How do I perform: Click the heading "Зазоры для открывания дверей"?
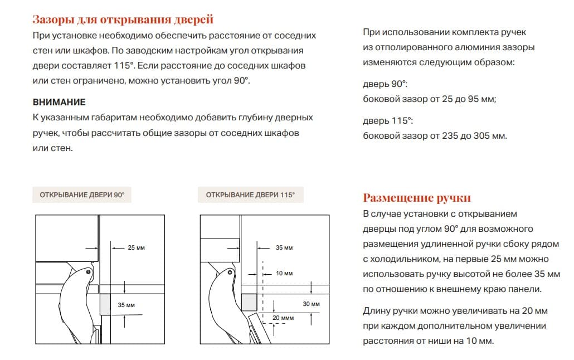pyautogui.click(x=123, y=20)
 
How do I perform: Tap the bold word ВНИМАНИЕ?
pyautogui.click(x=59, y=103)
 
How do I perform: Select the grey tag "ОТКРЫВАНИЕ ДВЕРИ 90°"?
pyautogui.click(x=82, y=195)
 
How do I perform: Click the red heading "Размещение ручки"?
pyautogui.click(x=417, y=198)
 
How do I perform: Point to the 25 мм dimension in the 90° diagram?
pyautogui.click(x=136, y=247)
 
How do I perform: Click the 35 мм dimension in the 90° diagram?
pyautogui.click(x=127, y=305)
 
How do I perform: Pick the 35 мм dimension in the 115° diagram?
pyautogui.click(x=284, y=247)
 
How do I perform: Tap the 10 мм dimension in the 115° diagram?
pyautogui.click(x=284, y=274)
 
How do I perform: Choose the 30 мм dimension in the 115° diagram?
pyautogui.click(x=311, y=304)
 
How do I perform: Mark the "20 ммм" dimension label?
pyautogui.click(x=283, y=318)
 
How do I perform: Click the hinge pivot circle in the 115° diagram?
pyautogui.click(x=229, y=273)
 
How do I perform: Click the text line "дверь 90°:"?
pyautogui.click(x=385, y=84)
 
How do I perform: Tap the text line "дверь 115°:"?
pyautogui.click(x=387, y=121)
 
